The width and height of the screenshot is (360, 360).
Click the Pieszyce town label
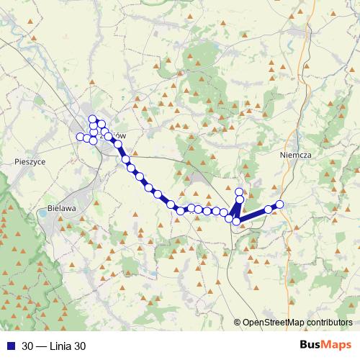30,163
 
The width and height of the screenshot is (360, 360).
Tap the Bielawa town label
61,208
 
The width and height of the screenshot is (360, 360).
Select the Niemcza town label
294,153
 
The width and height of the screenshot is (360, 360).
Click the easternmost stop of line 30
280,204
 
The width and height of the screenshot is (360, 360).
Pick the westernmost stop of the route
80,137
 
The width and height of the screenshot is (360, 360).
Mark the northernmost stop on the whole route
92,119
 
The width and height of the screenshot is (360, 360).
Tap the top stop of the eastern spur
240,192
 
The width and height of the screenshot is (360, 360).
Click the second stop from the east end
268,209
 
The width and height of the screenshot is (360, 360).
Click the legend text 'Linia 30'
68,346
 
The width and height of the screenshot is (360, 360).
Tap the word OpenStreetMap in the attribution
277,323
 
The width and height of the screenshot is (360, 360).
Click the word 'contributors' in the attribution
330,323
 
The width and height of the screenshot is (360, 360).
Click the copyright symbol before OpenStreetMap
237,323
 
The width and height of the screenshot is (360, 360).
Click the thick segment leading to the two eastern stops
253,215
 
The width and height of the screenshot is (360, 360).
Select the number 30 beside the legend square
28,346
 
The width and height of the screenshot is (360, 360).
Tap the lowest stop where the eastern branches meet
236,221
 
